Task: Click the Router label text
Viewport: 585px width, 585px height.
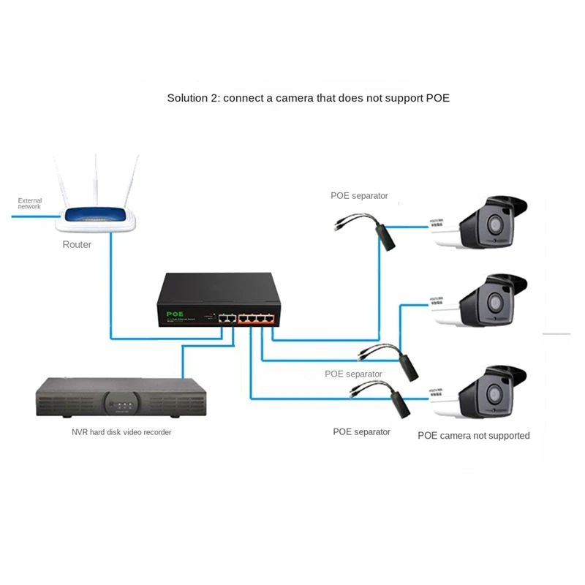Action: coord(77,244)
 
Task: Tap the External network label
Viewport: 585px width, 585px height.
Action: coord(30,203)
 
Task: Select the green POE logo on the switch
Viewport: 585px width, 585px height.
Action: coord(175,313)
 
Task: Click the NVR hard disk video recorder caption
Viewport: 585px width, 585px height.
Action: coord(121,432)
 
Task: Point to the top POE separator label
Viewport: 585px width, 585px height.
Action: coord(359,195)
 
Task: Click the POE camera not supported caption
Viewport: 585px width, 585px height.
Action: coord(473,436)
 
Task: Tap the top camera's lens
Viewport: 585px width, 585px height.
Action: coord(494,224)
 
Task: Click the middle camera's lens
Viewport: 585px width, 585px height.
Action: coord(494,302)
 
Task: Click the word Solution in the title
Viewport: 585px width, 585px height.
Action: coord(188,97)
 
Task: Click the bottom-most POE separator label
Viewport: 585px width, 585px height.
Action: coord(361,431)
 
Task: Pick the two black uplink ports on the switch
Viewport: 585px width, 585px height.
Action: coord(227,318)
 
